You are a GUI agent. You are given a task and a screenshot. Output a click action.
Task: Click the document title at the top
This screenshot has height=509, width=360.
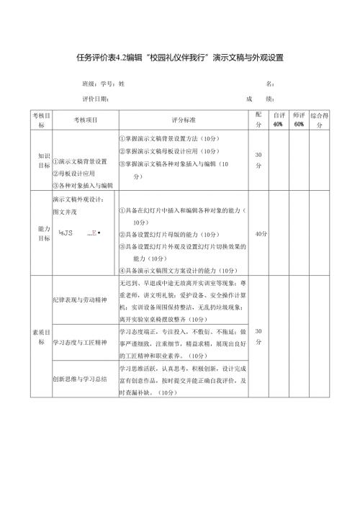(x=180, y=58)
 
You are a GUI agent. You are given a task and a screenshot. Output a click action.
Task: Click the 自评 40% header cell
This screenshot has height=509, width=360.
(x=277, y=120)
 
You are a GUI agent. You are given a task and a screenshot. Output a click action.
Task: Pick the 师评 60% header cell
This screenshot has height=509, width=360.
(x=299, y=120)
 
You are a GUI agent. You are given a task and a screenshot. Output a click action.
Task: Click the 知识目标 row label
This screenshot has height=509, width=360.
(x=41, y=160)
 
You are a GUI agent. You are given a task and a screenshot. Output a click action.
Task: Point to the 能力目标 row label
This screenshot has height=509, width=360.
(x=41, y=233)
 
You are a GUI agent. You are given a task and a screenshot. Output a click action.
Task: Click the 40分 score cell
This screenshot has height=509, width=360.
(x=260, y=234)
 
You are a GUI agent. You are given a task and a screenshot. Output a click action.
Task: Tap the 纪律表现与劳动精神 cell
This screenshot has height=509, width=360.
(x=80, y=298)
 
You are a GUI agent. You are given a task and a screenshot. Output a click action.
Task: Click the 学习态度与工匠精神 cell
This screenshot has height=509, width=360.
(x=81, y=343)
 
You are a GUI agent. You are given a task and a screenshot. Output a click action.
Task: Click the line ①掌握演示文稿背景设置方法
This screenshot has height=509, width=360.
(x=173, y=138)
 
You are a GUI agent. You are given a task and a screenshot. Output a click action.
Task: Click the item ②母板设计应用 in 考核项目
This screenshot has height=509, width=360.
(x=73, y=174)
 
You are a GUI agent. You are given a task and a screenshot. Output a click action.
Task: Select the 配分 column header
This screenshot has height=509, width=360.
(x=258, y=120)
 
